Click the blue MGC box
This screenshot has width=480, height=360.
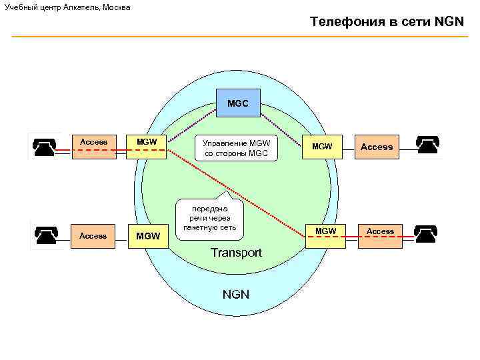tap(238, 104)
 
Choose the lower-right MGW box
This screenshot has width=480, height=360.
tap(325, 235)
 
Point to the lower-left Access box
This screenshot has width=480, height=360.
tap(93, 236)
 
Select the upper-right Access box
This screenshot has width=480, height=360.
tap(377, 146)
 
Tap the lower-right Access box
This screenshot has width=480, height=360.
tap(380, 235)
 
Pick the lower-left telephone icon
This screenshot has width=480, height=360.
tap(47, 235)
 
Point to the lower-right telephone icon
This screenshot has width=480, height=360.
tap(427, 234)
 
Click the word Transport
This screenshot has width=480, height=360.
tap(236, 253)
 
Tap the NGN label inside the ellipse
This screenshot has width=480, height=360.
tap(235, 293)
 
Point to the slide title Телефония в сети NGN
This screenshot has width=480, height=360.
tap(386, 22)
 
